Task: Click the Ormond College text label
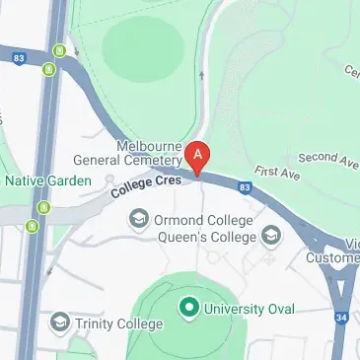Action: click(204, 219)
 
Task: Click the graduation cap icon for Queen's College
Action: click(270, 235)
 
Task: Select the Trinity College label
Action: click(121, 322)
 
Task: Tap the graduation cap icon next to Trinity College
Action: click(61, 322)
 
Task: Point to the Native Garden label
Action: click(48, 180)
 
